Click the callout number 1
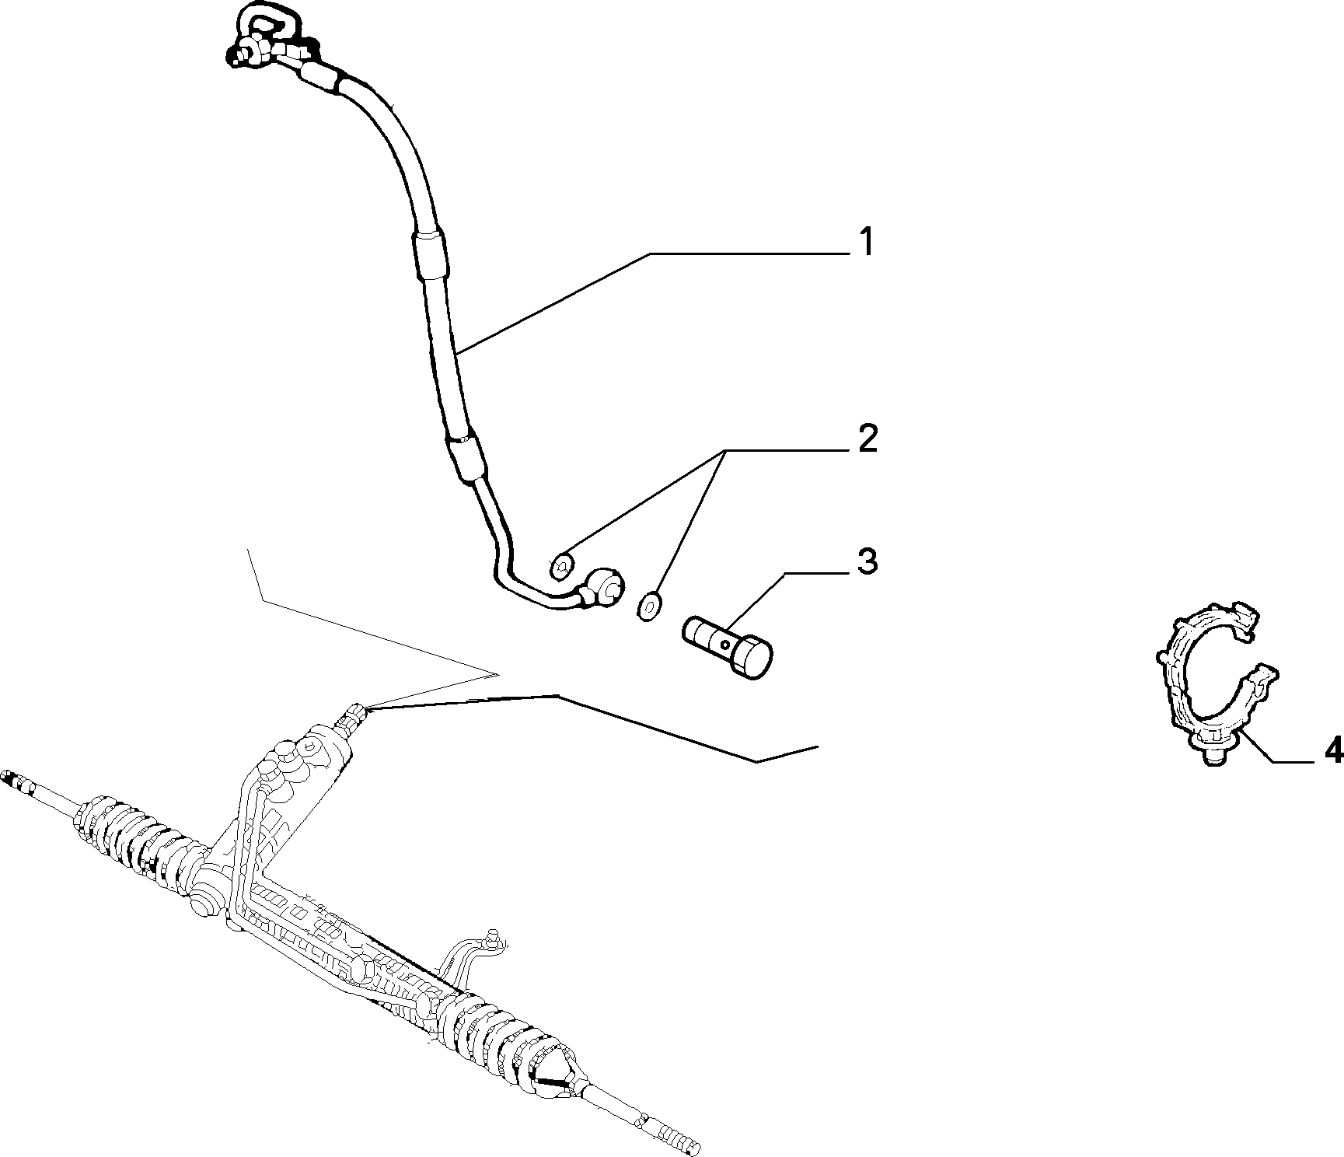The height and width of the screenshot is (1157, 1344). (x=865, y=242)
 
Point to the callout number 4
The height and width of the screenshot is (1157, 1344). (x=1332, y=750)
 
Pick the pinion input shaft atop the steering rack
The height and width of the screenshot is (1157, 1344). (x=351, y=716)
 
